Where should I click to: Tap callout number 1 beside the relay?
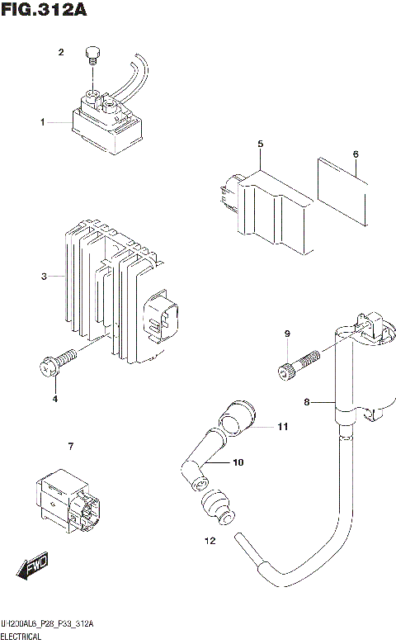(x=41, y=122)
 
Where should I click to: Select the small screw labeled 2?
(x=92, y=55)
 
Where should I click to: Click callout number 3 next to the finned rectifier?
(x=43, y=276)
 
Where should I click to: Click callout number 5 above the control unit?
(x=260, y=144)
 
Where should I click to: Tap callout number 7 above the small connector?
(x=71, y=447)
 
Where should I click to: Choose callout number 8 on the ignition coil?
(x=306, y=402)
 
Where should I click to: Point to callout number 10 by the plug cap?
(x=238, y=462)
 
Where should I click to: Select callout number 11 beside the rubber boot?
(x=282, y=427)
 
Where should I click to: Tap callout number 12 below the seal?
(x=209, y=541)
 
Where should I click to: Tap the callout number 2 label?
(x=60, y=53)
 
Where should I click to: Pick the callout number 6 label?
(x=355, y=154)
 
